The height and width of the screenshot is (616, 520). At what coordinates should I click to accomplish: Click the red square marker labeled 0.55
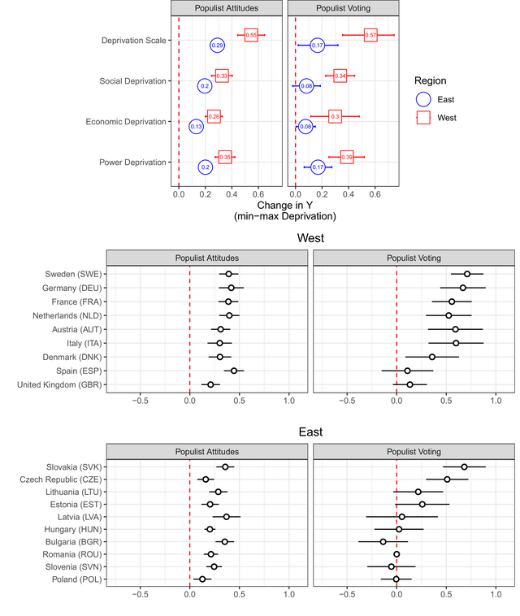point(251,35)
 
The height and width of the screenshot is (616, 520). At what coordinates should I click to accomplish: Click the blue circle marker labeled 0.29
point(217,46)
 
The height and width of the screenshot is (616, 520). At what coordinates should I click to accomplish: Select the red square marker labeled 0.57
point(370,35)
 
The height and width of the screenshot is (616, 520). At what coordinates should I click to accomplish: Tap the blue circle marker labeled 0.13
point(196,127)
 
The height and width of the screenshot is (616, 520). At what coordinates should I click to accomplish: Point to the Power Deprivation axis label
point(132,163)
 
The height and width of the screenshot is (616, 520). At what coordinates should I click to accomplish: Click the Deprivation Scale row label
point(134,41)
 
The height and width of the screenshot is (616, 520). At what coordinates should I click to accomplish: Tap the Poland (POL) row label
point(71,579)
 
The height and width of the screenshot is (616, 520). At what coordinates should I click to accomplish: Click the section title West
point(310,238)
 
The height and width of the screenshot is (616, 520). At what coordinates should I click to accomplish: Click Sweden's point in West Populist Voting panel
point(467,275)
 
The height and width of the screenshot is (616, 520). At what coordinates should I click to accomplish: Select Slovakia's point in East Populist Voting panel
point(464,466)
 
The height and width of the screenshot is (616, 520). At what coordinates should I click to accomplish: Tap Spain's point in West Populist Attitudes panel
point(234,371)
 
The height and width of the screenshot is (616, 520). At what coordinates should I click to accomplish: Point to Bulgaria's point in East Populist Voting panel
point(383,541)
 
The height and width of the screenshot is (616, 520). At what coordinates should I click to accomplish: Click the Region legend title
point(430,80)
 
